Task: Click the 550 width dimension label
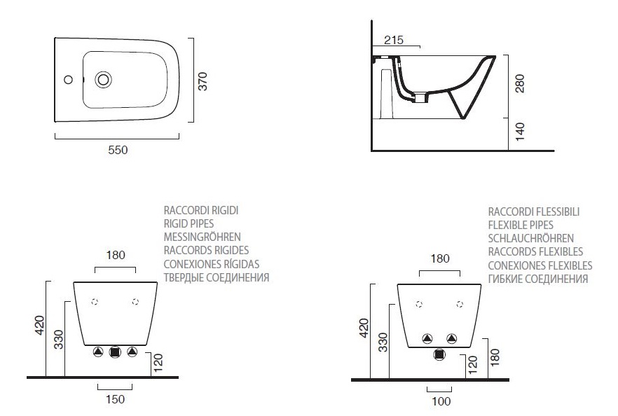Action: tap(118, 150)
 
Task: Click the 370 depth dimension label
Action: tap(202, 81)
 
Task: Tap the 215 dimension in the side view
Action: tap(394, 40)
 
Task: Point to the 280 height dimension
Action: tap(520, 83)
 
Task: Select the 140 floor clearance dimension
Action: tap(520, 132)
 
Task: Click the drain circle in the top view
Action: tap(103, 80)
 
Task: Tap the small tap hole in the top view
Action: tap(68, 80)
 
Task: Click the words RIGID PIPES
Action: tap(188, 224)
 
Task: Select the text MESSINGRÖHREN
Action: tap(202, 237)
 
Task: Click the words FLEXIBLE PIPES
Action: tap(521, 225)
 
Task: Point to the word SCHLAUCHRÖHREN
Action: tap(531, 238)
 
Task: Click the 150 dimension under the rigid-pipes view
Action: tap(115, 399)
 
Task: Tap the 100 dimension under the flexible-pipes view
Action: tap(441, 401)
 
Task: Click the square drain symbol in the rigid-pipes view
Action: tap(115, 352)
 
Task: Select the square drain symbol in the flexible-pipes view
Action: tap(439, 354)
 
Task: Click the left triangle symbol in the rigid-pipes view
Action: tap(98, 352)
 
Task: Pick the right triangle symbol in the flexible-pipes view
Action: tap(452, 338)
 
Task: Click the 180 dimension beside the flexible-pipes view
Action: tap(495, 357)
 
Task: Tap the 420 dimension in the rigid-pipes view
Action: tap(40, 326)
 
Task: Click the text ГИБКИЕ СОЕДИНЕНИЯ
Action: tap(538, 279)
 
